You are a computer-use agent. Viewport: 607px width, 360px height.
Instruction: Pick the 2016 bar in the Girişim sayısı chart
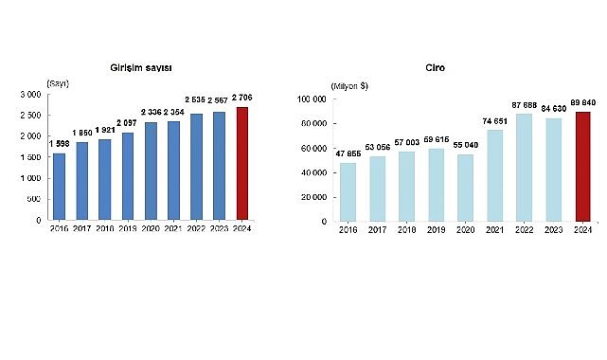click(60, 186)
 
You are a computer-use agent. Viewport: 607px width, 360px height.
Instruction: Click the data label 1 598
click(60, 144)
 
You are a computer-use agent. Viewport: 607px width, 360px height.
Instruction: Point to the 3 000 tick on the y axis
click(29, 95)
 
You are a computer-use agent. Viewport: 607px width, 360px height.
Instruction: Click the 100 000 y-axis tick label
click(312, 99)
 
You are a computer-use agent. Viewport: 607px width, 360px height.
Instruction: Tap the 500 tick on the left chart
click(33, 199)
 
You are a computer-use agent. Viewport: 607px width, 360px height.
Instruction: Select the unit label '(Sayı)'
click(59, 84)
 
